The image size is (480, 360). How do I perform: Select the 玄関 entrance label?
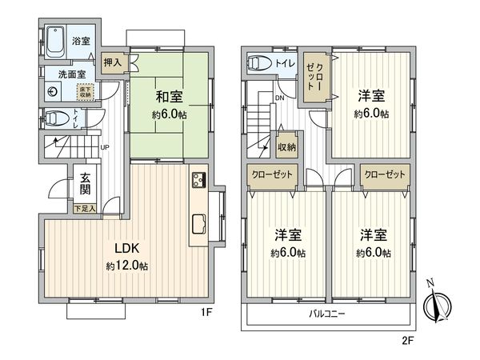83,186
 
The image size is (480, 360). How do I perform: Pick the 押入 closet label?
113,62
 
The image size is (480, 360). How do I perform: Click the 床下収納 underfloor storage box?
86,91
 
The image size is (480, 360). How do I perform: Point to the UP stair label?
105,147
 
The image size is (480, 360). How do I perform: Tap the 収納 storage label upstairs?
287,146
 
